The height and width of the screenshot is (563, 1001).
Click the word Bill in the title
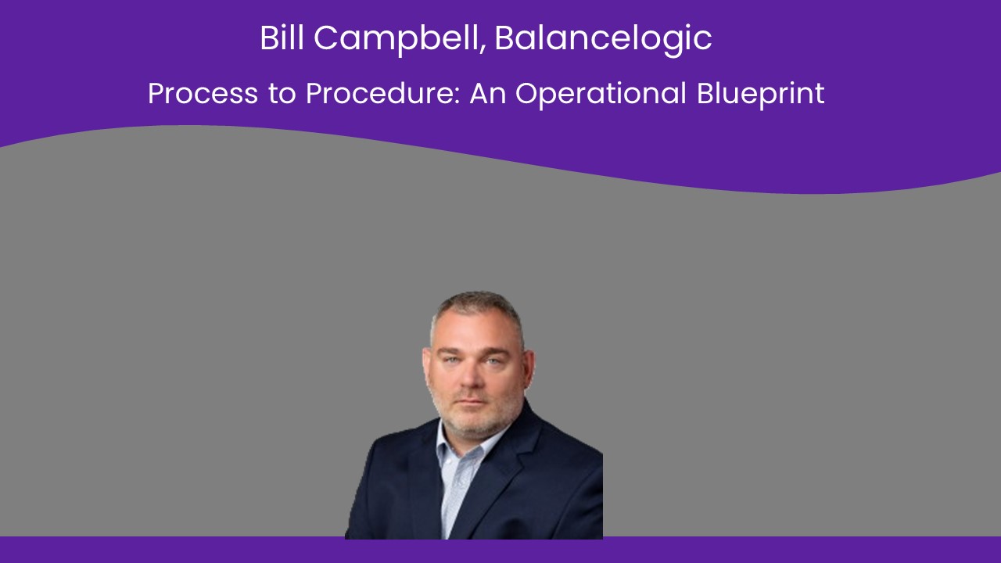coord(282,38)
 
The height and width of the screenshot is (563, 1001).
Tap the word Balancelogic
coord(603,40)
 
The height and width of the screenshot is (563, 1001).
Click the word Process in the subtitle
coord(203,93)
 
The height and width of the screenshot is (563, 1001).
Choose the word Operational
coord(601,95)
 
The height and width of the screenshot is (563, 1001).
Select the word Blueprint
coord(761,95)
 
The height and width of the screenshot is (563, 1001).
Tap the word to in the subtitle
coord(282,95)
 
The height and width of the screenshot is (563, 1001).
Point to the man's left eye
coord(494,360)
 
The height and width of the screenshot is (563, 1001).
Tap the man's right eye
coord(451,359)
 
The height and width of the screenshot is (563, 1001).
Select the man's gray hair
coord(477,308)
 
